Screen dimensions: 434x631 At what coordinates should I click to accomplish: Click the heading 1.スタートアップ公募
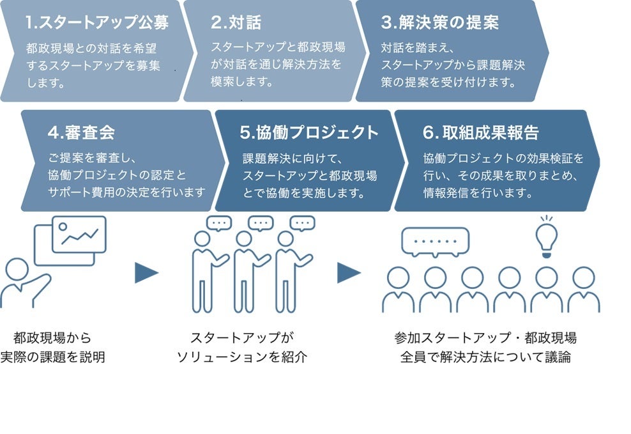pos(97,23)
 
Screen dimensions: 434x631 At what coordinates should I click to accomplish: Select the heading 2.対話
pos(236,23)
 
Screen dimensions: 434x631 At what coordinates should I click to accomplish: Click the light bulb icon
pos(546,236)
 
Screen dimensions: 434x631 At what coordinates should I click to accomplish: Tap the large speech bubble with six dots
pos(435,242)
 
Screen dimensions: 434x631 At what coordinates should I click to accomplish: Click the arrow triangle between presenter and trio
pos(146,274)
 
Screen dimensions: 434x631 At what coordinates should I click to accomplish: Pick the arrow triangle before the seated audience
pos(349,274)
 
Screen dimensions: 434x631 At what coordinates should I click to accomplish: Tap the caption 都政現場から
pos(52,337)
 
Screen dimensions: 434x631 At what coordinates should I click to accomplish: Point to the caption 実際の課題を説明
pos(52,357)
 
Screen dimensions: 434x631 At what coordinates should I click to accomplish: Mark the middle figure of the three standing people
pos(244,272)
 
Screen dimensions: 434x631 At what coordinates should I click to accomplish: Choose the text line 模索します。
pos(242,82)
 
